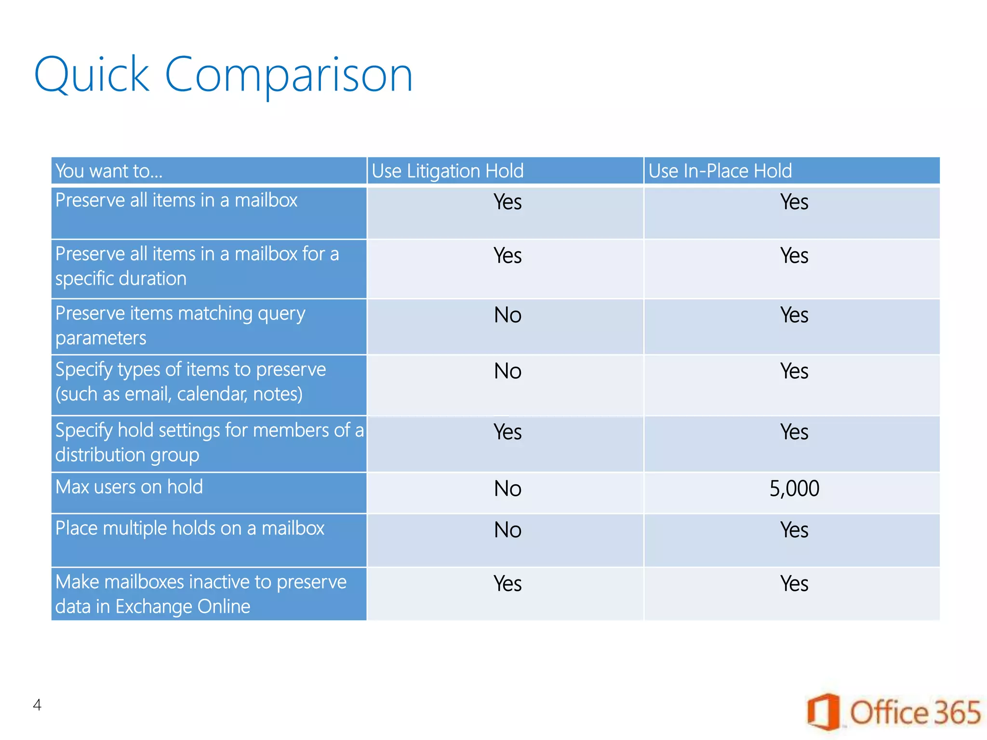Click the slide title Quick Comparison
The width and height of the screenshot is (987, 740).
223,75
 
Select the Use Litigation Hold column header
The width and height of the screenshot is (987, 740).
447,171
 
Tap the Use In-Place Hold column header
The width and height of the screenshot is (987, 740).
720,171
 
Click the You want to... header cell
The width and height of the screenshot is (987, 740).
109,171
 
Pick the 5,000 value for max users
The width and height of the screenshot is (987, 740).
794,489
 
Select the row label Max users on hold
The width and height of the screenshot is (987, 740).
129,487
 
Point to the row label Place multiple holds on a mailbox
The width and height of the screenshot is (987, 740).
190,529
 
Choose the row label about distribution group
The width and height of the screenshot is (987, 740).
209,442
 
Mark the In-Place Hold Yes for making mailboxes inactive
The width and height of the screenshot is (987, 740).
794,584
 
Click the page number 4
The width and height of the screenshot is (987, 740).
37,705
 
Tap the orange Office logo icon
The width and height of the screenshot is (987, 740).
823,712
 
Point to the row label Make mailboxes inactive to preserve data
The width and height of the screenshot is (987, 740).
200,594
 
